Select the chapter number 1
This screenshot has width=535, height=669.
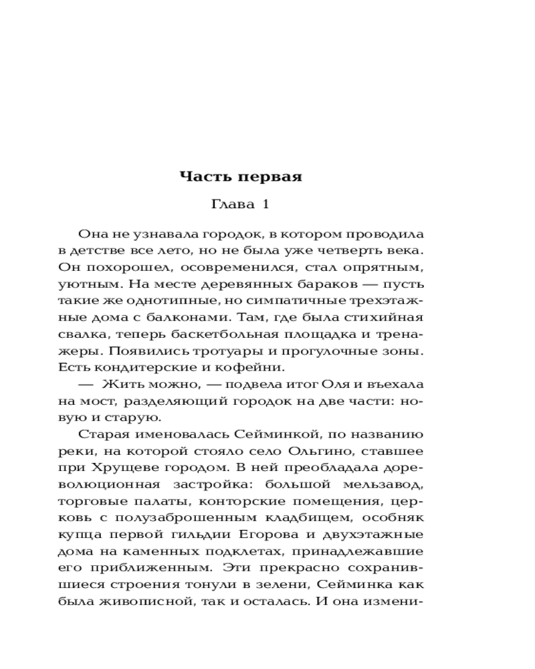(x=265, y=205)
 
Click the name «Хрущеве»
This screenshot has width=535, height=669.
(x=119, y=468)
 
